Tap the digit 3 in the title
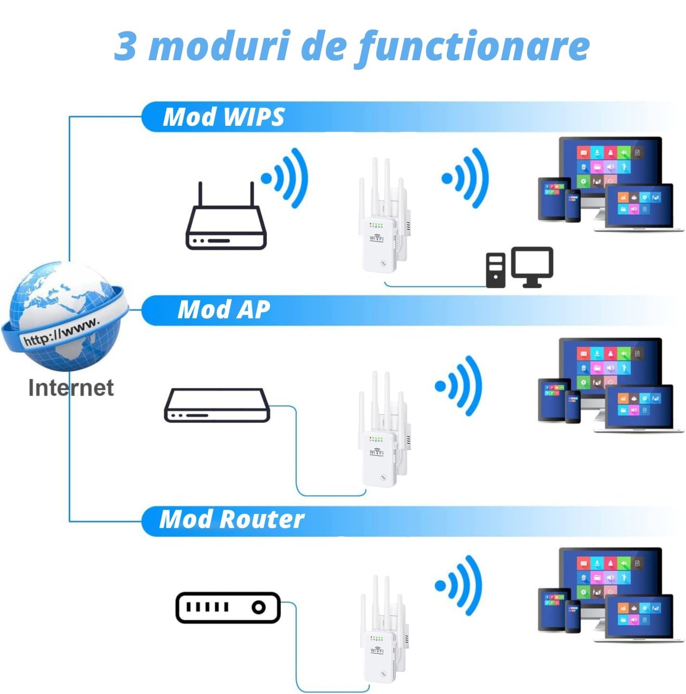coord(125,46)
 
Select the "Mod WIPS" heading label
coord(224,117)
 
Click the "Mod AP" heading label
coord(224,310)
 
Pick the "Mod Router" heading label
coord(232,519)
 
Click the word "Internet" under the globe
coord(71,388)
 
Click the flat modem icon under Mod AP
coord(217,405)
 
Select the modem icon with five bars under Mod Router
coord(228,607)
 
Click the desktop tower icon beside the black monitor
coord(496,270)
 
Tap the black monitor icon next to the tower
coord(532,267)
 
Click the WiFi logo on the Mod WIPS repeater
coord(377,238)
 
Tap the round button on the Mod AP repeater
coord(383,478)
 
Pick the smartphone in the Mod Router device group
coord(573,616)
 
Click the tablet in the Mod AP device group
coord(554,399)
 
